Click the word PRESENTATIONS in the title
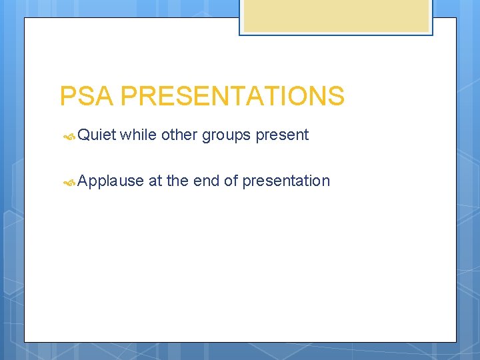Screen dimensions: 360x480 click(x=232, y=97)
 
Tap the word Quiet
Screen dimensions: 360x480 click(x=97, y=135)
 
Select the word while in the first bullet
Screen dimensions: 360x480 click(x=138, y=135)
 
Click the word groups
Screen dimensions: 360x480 click(x=227, y=136)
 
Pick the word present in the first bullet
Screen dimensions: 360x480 click(x=282, y=136)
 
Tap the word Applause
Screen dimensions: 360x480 click(x=111, y=181)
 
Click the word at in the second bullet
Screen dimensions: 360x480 click(x=155, y=181)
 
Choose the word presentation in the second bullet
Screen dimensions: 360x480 click(x=286, y=181)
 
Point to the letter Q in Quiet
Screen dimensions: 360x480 click(x=83, y=135)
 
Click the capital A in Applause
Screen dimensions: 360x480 click(x=83, y=181)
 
